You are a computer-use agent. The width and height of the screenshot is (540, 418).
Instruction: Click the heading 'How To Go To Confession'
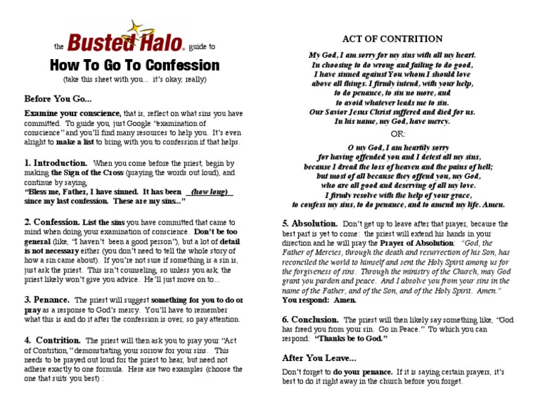click(x=134, y=65)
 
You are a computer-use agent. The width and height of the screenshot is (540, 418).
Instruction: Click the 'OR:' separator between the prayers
click(x=398, y=134)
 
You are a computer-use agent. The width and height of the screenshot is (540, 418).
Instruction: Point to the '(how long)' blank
click(x=209, y=191)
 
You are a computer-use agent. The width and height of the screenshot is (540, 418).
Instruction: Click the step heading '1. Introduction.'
click(x=56, y=163)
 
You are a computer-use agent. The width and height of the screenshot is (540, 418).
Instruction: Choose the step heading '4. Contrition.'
click(x=53, y=340)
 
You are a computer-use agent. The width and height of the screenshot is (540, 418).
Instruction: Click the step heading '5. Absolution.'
click(x=310, y=223)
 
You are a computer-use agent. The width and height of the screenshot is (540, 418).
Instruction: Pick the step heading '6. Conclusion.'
click(x=310, y=319)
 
